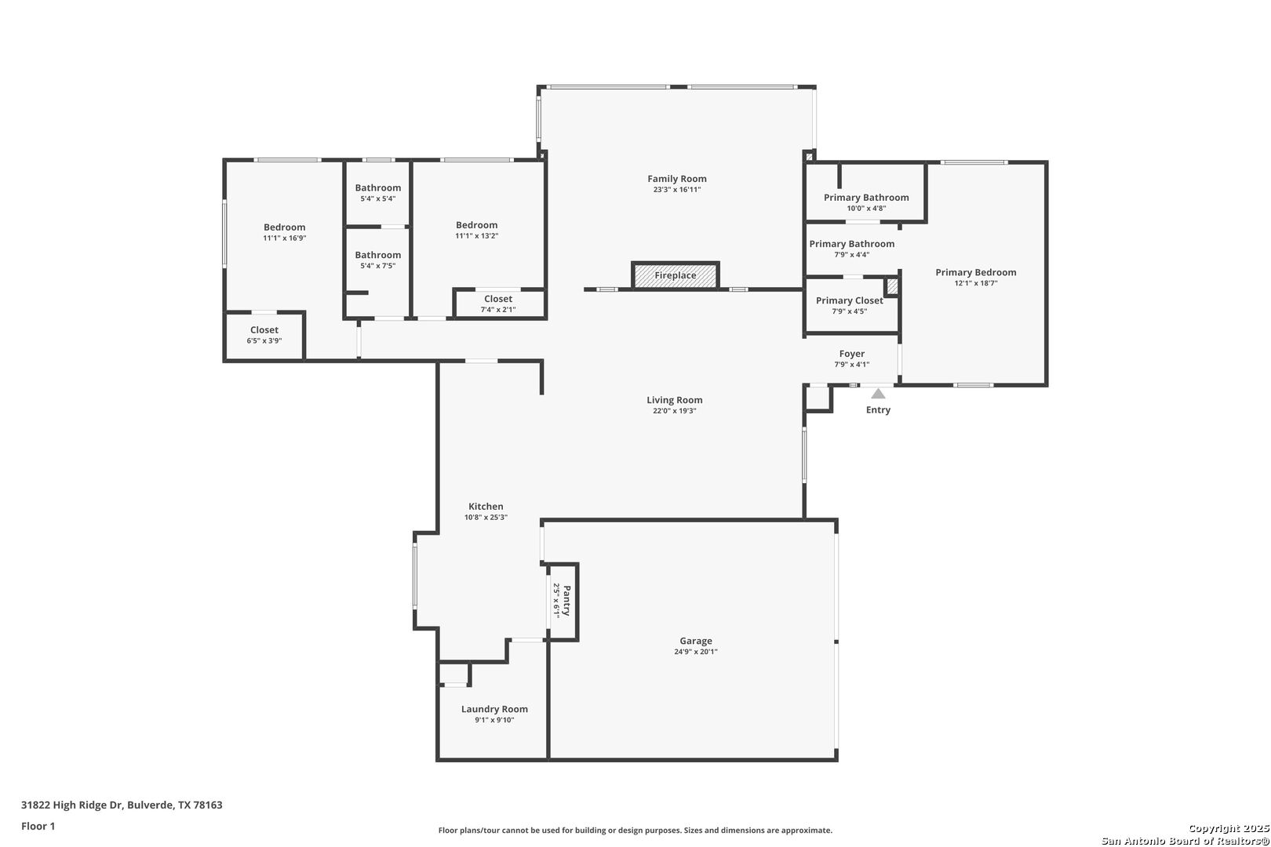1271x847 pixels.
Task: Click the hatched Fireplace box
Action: tap(676, 275)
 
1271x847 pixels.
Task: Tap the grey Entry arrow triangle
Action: tap(878, 393)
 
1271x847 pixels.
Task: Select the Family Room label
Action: tap(677, 179)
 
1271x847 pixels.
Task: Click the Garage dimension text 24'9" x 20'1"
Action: tap(696, 652)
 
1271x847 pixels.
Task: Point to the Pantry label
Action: tap(566, 601)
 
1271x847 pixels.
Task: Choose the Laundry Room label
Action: tap(494, 709)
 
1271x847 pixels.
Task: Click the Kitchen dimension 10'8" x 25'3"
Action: tap(486, 518)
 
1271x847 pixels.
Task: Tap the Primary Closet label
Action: tap(850, 300)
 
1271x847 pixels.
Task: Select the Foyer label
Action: tap(852, 354)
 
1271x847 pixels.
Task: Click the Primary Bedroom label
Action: tap(976, 272)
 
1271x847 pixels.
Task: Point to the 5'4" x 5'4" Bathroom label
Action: tap(378, 187)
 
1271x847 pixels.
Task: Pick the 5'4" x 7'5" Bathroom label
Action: tap(378, 255)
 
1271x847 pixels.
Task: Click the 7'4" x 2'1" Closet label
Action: tap(498, 299)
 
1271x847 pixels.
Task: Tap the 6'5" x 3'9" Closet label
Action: tap(264, 330)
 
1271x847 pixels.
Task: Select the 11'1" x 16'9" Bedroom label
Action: tap(284, 227)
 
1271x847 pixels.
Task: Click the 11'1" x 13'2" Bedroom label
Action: tap(477, 225)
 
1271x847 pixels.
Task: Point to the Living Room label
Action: tap(675, 400)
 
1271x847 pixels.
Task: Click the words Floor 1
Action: tap(38, 826)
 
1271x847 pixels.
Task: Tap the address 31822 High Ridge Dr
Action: tap(72, 805)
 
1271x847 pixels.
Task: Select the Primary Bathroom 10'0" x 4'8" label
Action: tap(866, 198)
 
